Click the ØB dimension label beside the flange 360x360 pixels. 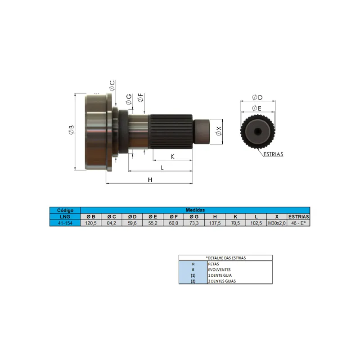coord(71,130)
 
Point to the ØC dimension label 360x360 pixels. coord(112,85)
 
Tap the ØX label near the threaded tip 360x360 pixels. coord(219,131)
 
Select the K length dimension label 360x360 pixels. coord(173,157)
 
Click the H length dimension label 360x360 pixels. coord(150,180)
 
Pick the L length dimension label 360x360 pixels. coord(162,167)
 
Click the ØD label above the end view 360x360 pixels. coord(257,97)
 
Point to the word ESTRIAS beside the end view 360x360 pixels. coord(273,154)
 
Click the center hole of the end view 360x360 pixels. coord(257,131)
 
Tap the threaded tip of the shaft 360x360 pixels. coord(202,131)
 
